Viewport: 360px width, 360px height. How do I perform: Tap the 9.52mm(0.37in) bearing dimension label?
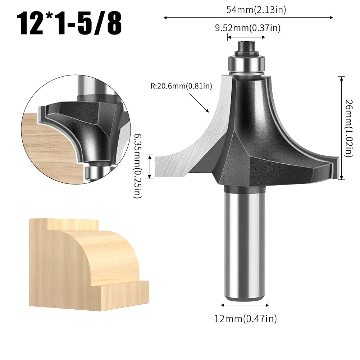click(247, 28)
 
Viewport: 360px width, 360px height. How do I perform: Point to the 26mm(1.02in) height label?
click(348, 128)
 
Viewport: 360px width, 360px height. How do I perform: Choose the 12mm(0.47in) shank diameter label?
click(246, 318)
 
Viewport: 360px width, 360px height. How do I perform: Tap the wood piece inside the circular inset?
click(47, 151)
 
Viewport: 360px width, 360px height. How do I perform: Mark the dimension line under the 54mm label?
click(248, 17)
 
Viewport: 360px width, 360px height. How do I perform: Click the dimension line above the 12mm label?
click(245, 305)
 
